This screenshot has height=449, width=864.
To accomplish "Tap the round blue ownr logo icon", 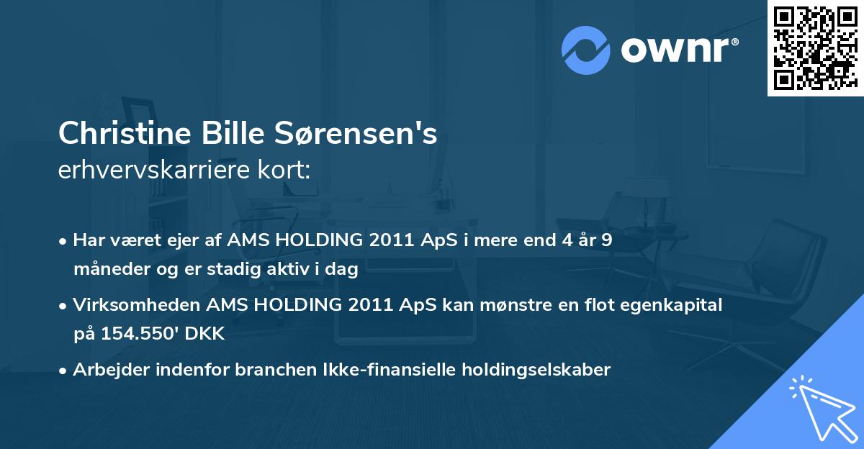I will pos(586,50).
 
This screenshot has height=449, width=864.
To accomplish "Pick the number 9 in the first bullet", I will pos(607,240).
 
